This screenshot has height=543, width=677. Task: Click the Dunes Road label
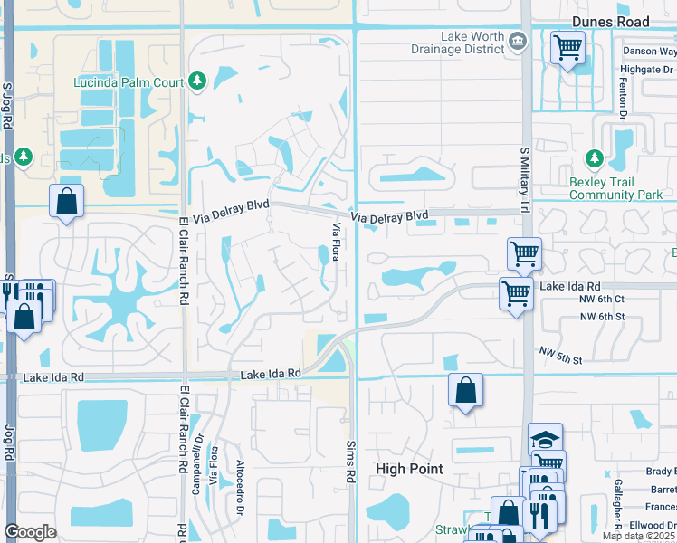tap(609, 22)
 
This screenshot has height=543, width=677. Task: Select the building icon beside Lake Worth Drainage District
tap(518, 39)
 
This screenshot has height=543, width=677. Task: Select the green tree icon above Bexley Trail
tap(595, 160)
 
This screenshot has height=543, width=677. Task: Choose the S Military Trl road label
tap(524, 180)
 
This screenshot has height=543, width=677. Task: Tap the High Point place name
tap(410, 469)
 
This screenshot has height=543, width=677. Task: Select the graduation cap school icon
tap(545, 439)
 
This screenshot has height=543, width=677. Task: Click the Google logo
tap(31, 532)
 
